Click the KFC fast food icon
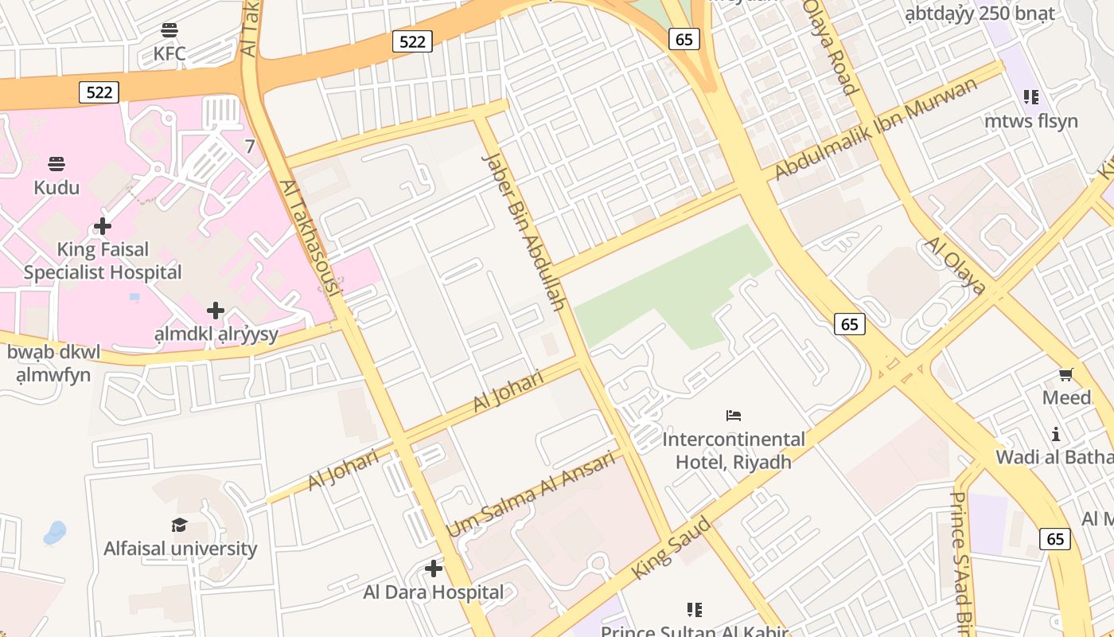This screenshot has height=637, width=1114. click(x=169, y=30)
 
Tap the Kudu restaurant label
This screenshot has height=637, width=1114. click(x=56, y=187)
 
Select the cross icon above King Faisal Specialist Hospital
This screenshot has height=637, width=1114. click(x=103, y=226)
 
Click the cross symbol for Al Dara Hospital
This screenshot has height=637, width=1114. click(x=433, y=569)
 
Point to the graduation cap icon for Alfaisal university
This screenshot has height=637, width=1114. click(x=180, y=525)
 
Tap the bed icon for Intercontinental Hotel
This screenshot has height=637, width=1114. click(x=734, y=415)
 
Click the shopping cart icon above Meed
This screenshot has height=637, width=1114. click(x=1065, y=374)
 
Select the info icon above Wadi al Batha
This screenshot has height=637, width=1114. click(x=1056, y=434)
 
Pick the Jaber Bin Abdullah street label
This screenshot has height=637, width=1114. click(x=524, y=231)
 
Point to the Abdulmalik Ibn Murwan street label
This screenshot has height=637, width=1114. click(x=875, y=128)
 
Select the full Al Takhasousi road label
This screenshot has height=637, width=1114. click(x=310, y=238)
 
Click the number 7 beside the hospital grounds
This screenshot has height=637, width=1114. click(x=250, y=147)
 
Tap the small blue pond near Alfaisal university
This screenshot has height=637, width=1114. click(x=54, y=533)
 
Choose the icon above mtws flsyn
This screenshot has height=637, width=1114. click(x=1031, y=97)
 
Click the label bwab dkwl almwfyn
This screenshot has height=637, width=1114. click(x=54, y=363)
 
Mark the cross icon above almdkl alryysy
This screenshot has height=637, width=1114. click(x=215, y=310)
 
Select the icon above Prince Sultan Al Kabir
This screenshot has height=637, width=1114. click(x=694, y=609)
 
